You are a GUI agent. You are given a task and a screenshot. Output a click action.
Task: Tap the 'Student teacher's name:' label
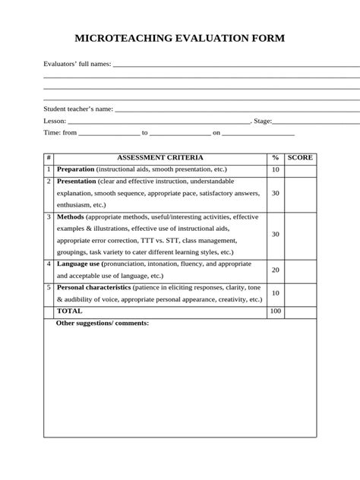click(x=78, y=109)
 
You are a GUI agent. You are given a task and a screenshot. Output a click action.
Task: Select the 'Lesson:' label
click(x=55, y=121)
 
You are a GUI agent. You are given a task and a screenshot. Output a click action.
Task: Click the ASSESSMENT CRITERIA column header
click(x=159, y=157)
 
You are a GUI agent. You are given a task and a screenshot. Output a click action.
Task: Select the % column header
click(x=275, y=157)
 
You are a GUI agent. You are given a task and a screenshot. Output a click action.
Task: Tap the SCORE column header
click(x=300, y=157)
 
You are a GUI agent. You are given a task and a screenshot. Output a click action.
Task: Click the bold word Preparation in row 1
click(x=75, y=169)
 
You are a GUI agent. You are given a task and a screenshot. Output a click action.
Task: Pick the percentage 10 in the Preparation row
click(x=275, y=169)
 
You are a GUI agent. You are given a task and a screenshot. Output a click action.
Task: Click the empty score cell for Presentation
click(x=300, y=193)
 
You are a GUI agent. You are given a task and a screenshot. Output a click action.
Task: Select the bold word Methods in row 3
click(x=71, y=216)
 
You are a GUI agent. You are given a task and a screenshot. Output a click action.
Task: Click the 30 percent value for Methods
click(x=275, y=234)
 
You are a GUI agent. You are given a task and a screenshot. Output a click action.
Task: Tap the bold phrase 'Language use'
click(x=78, y=264)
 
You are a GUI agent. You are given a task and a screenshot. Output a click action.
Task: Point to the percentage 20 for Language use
click(x=275, y=270)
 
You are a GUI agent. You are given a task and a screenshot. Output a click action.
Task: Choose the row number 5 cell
click(x=49, y=288)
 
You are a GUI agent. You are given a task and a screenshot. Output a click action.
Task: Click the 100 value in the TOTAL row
click(x=275, y=311)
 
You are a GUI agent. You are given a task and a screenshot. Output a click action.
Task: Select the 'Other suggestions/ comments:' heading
click(x=103, y=323)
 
